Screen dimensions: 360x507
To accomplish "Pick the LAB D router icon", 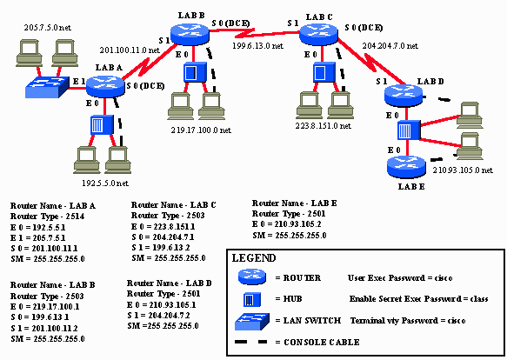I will coord(403,92).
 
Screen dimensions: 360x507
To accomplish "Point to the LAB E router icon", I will coord(403,160).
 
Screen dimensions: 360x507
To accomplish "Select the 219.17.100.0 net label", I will coord(201,130).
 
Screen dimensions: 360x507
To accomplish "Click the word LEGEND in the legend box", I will coord(254,258).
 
